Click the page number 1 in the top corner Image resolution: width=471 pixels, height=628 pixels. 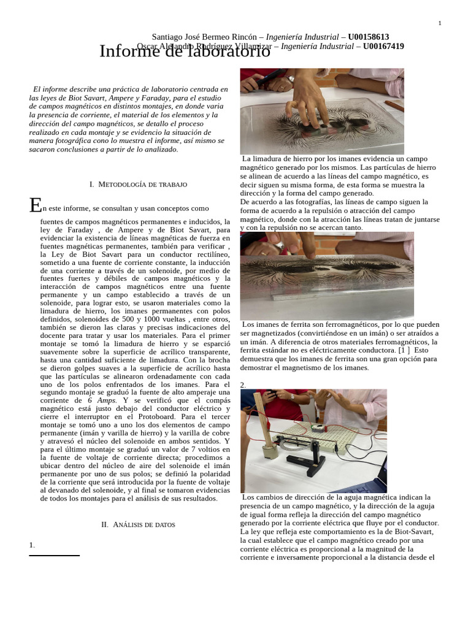pos(440,23)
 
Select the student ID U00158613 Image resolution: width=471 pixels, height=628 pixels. pos(368,37)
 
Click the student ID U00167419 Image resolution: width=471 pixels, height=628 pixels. pos(383,46)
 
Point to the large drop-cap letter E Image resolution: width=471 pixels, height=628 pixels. pos(36,205)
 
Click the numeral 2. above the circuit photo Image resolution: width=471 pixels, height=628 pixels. pos(243,385)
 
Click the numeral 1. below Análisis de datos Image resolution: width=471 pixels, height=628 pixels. pos(32,545)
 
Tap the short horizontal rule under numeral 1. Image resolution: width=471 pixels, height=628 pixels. pos(54,556)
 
